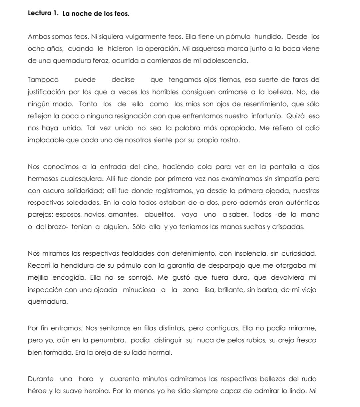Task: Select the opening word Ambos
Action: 38,37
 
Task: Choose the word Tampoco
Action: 43,80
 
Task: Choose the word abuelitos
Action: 159,214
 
